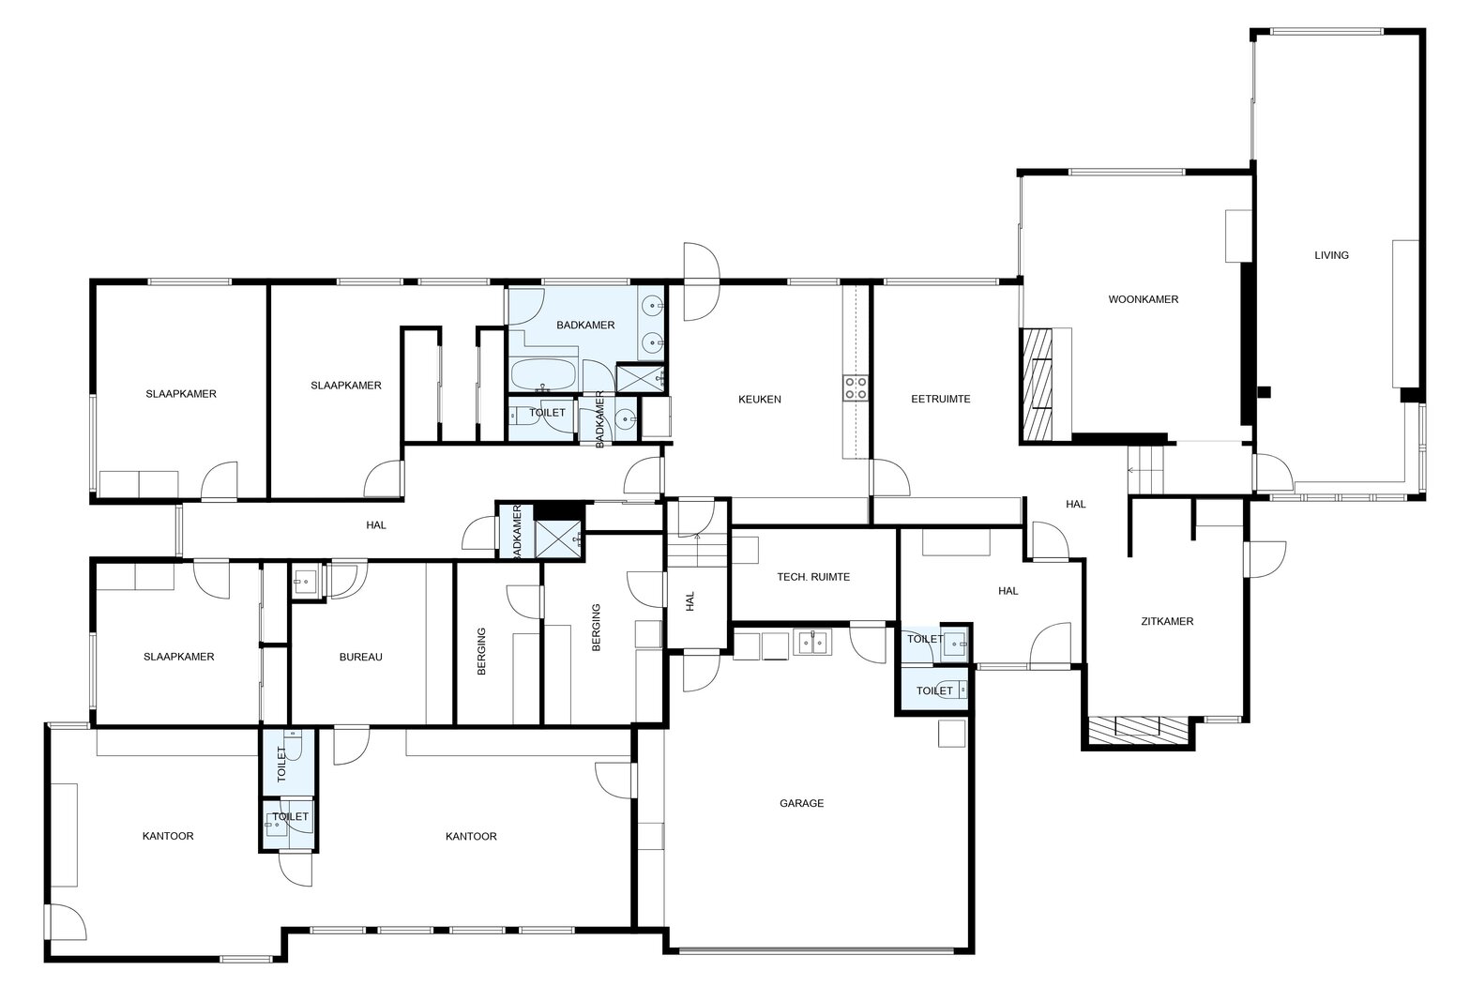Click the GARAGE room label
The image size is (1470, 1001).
pos(801,803)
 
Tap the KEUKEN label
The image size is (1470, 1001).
pos(759,399)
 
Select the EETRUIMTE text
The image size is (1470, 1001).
pos(940,399)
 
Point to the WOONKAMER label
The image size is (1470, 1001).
pos(1144,299)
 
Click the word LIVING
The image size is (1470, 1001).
pos(1331,255)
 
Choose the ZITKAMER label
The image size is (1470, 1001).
pos(1167,621)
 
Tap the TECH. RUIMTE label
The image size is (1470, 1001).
pos(813,577)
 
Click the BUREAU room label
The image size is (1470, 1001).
pos(360,657)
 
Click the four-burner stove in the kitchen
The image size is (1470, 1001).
pos(856,387)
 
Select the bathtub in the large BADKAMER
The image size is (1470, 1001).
pos(543,375)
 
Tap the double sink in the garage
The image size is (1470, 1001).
pos(812,642)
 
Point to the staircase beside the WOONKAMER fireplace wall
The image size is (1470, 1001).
pos(1145,469)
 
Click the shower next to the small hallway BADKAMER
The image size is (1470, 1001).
pos(558,538)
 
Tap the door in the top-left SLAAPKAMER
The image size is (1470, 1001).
pos(220,481)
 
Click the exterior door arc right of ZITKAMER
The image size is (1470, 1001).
pos(1266,559)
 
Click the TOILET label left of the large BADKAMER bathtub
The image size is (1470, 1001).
pos(547,412)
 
